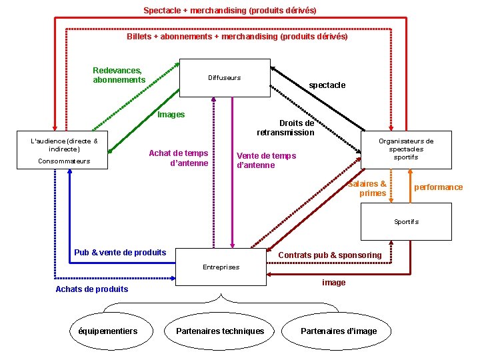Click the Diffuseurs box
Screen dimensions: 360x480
click(225, 78)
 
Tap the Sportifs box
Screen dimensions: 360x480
click(406, 221)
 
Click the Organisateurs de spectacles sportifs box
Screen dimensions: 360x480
click(406, 149)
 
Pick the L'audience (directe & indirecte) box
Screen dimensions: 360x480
click(64, 150)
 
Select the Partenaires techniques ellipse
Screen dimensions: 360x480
click(220, 331)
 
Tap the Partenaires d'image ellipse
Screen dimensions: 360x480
click(339, 331)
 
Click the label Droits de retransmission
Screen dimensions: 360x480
click(286, 127)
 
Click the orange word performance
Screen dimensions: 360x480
click(438, 187)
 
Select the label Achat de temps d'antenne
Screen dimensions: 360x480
click(179, 158)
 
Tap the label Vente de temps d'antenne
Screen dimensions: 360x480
click(266, 161)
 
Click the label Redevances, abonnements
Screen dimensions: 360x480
click(119, 75)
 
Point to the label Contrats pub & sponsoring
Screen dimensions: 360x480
click(330, 255)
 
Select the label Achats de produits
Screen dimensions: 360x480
click(91, 289)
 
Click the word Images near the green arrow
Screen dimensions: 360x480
click(171, 115)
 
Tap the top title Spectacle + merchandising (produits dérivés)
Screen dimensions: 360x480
click(230, 11)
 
